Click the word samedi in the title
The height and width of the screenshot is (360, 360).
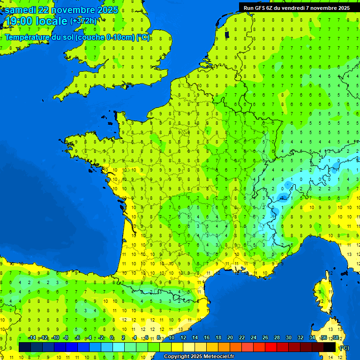coord(22,10)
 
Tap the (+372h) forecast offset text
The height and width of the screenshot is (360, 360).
coord(83,21)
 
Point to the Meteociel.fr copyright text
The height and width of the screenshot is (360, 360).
coord(199,356)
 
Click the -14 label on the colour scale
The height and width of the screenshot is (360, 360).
coord(32,337)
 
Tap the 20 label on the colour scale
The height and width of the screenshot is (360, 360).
coord(230,337)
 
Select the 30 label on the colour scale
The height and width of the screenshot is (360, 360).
coord(288,337)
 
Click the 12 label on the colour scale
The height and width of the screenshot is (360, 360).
coord(183,337)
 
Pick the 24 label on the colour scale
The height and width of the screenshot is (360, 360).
coord(253,337)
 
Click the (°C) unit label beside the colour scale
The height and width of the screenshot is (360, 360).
coord(344,347)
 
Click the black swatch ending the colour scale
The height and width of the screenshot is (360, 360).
coord(330,347)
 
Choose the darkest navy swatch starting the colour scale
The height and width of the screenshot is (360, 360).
coord(25,347)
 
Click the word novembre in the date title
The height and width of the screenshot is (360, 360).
coord(73,10)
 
